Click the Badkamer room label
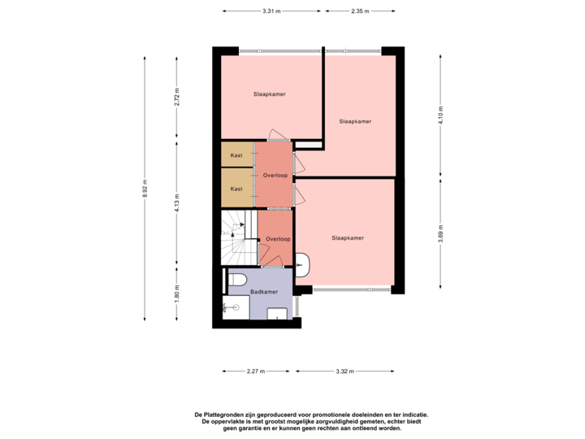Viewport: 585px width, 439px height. pos(264,292)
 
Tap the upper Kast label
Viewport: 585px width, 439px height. pos(236,155)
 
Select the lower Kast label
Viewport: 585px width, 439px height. pos(236,189)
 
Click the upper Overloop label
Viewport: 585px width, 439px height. pos(275,176)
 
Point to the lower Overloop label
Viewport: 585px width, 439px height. pos(279,239)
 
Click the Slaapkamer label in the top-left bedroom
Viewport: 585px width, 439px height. pos(269,94)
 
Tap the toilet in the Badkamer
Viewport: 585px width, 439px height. pos(237,280)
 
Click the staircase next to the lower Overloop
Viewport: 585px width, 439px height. pos(237,237)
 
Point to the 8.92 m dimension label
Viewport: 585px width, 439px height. pos(145,189)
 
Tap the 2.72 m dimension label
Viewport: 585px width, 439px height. pos(176,97)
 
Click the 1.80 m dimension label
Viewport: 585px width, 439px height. pos(176,293)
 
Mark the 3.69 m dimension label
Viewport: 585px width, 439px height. pos(441,232)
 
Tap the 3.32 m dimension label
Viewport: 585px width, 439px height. pos(344,372)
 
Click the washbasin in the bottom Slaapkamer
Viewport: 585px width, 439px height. pos(302,265)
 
